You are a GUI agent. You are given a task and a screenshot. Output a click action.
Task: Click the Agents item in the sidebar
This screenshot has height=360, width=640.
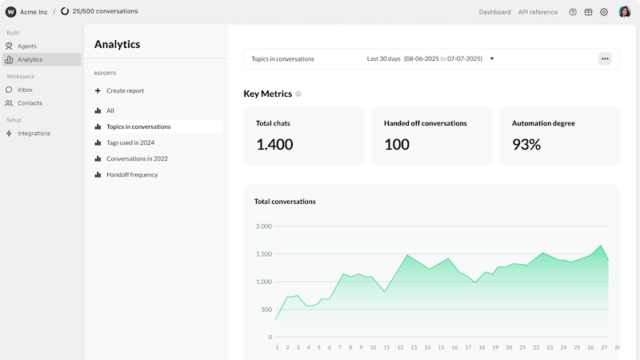[22, 46]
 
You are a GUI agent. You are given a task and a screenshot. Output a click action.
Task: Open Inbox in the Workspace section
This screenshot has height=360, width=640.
[19, 90]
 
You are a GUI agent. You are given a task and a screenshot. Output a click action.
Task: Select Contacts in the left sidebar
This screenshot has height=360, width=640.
[24, 103]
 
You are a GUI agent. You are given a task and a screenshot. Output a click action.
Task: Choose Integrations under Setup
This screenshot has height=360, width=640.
[28, 134]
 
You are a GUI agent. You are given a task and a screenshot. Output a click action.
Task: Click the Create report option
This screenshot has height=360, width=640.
[119, 90]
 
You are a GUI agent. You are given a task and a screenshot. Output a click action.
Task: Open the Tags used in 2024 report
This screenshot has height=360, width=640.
[125, 143]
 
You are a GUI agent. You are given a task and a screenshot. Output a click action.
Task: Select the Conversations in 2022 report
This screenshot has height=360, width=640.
[131, 158]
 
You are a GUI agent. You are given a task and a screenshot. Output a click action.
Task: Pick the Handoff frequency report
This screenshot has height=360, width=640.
[126, 174]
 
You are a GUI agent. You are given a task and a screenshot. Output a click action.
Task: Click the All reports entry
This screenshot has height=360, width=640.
[104, 110]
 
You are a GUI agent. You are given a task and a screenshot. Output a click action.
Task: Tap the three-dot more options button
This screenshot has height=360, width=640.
[605, 58]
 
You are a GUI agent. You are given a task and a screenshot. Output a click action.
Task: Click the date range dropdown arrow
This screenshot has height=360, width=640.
[492, 58]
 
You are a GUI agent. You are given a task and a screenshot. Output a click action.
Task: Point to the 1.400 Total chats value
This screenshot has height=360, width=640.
[274, 145]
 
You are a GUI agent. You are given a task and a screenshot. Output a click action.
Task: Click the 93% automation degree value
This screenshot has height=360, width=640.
[526, 145]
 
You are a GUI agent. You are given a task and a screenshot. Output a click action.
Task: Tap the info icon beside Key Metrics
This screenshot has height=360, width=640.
[298, 94]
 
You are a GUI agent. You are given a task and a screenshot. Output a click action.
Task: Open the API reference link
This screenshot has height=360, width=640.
[538, 12]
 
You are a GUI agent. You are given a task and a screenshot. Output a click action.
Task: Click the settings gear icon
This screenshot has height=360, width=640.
[604, 12]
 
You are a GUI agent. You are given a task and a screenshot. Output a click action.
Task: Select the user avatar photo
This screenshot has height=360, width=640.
[625, 12]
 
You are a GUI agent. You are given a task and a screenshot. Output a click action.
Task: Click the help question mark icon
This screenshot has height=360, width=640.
[573, 12]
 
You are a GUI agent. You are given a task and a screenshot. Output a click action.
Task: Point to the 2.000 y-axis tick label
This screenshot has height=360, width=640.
[264, 226]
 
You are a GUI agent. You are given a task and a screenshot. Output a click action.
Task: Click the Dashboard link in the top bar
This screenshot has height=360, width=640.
[494, 12]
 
